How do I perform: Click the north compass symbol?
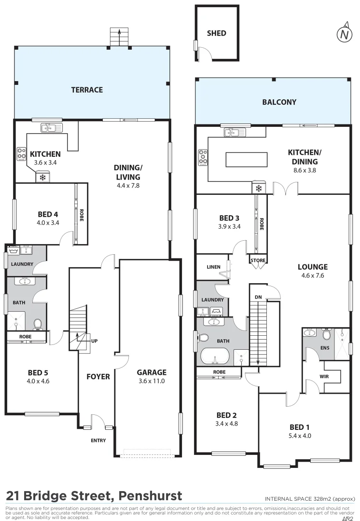(344, 33)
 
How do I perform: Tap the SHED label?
(216, 33)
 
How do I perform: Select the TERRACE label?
(87, 90)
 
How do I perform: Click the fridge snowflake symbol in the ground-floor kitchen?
(42, 178)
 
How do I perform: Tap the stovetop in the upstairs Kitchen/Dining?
(202, 156)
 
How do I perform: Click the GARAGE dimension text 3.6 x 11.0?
(151, 381)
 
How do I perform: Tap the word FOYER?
(98, 376)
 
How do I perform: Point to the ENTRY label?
(98, 440)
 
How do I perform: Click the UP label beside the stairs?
(95, 341)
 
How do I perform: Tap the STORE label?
(258, 261)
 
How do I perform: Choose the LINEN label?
(213, 267)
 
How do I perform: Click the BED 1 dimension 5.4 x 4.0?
(300, 436)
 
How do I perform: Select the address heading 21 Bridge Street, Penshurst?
(94, 495)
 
